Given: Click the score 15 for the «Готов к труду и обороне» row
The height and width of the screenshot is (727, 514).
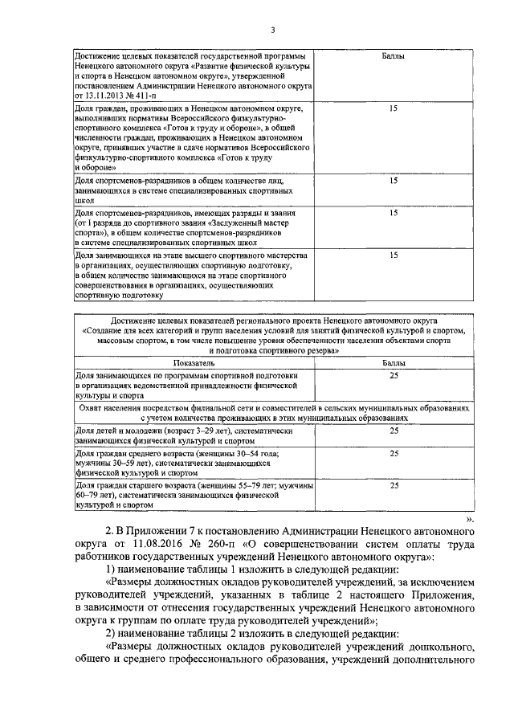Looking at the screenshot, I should (x=393, y=108).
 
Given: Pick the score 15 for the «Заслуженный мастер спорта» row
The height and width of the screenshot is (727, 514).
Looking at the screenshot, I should (x=393, y=213).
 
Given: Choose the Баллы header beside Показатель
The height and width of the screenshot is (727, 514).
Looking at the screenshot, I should (x=393, y=364).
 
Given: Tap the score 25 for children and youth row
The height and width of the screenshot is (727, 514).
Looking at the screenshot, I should (x=393, y=431).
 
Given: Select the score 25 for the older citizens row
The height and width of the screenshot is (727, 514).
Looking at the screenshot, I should (x=393, y=486).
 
